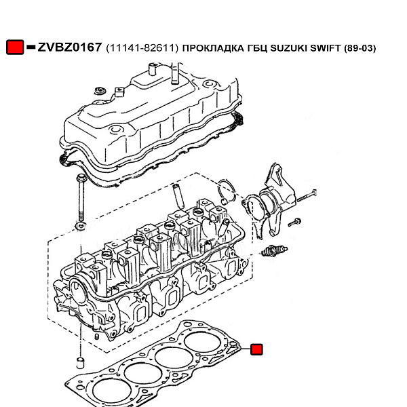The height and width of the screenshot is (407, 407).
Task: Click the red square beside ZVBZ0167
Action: click(15, 47)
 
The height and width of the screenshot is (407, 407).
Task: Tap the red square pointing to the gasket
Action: click(256, 349)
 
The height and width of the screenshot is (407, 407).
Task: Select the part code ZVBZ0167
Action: click(70, 47)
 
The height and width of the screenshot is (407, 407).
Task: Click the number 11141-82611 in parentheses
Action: click(142, 48)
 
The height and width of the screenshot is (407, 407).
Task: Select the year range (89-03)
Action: click(360, 48)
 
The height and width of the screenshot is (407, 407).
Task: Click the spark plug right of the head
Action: click(273, 251)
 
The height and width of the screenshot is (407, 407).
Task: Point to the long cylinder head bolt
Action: click(81, 197)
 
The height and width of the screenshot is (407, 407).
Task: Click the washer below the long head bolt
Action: click(81, 225)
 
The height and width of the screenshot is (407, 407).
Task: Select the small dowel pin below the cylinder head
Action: click(81, 363)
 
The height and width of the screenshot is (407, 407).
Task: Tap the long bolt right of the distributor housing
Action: click(307, 196)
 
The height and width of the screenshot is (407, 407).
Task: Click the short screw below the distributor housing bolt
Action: click(294, 222)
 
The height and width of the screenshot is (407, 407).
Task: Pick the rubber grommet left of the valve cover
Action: click(100, 91)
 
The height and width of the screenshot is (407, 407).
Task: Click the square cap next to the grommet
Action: click(119, 92)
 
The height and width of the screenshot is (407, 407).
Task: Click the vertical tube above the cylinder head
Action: click(178, 197)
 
